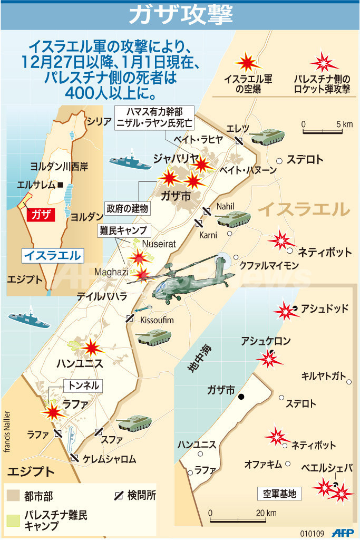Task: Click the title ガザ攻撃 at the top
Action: coord(180,14)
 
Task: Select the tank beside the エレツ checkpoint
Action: coord(267,138)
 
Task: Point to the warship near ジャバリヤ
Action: coord(130,161)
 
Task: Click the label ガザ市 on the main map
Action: coord(176,196)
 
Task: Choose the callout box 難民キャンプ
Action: coord(122,230)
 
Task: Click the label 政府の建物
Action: coord(127,208)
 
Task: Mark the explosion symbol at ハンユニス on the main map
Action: coord(92,348)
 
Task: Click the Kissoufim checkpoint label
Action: coord(157,320)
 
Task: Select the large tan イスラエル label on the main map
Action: coord(304,209)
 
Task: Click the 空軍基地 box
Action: coord(280,494)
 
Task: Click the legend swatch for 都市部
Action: coord(14,496)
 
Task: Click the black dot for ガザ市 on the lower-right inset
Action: coord(241,397)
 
